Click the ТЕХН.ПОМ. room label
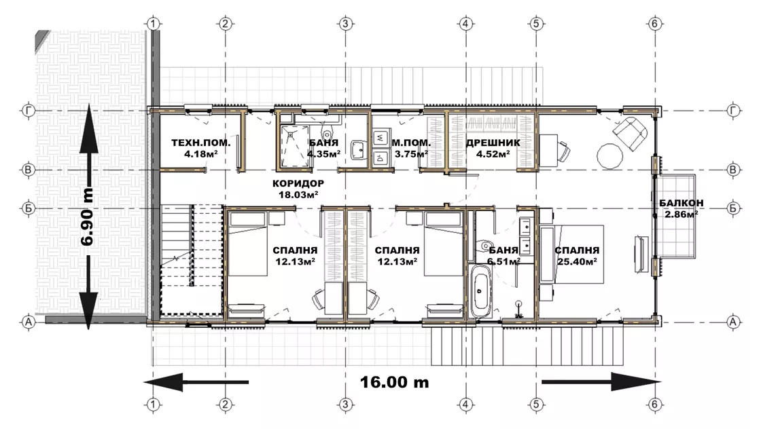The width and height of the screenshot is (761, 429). (x=201, y=143)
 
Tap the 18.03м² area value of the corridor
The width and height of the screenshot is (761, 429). (x=298, y=195)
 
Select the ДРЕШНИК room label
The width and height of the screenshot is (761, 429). (x=493, y=143)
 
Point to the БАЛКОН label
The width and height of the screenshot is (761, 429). (x=682, y=203)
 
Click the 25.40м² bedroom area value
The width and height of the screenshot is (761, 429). (x=577, y=262)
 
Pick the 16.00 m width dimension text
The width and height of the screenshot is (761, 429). (x=395, y=382)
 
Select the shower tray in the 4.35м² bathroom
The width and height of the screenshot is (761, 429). (x=295, y=146)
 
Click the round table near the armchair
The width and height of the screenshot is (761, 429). (x=609, y=156)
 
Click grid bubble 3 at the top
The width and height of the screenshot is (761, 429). (x=346, y=23)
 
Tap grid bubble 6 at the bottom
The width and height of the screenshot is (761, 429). (x=655, y=405)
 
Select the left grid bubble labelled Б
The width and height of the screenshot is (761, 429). (x=29, y=208)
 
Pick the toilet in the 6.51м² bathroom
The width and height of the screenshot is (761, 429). (x=484, y=246)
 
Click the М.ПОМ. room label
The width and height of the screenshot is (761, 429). (x=411, y=143)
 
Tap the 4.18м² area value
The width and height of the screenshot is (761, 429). (x=201, y=154)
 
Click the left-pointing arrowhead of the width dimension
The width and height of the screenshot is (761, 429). (x=163, y=382)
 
